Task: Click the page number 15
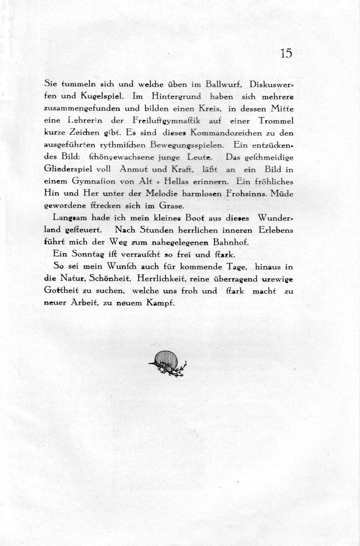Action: tap(286, 54)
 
